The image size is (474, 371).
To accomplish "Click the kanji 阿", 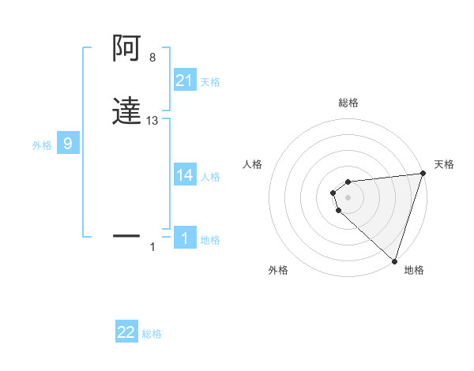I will pyautogui.click(x=126, y=50).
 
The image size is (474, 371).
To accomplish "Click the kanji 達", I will pyautogui.click(x=126, y=111).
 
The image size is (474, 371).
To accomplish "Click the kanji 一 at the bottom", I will pyautogui.click(x=126, y=235).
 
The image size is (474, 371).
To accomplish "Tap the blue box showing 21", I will pyautogui.click(x=185, y=81).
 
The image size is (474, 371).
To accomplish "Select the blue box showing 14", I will pyautogui.click(x=185, y=175).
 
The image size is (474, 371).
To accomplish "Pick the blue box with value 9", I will pyautogui.click(x=68, y=144).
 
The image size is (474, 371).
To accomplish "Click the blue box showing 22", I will pyautogui.click(x=126, y=332).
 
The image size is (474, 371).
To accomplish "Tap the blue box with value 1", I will pyautogui.click(x=185, y=238).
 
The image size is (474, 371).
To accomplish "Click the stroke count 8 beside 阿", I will pyautogui.click(x=152, y=58).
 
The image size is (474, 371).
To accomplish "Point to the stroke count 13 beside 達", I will pyautogui.click(x=152, y=121).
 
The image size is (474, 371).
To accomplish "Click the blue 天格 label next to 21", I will pyautogui.click(x=210, y=82).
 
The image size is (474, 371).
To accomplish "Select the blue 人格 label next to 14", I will pyautogui.click(x=210, y=177).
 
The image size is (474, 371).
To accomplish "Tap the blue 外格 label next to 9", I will pyautogui.click(x=42, y=145).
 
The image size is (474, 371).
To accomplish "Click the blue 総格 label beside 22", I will pyautogui.click(x=152, y=334).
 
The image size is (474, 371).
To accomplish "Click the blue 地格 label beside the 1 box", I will pyautogui.click(x=210, y=240).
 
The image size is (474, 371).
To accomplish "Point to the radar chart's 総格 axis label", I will pyautogui.click(x=348, y=103).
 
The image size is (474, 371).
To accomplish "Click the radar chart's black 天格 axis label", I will pyautogui.click(x=444, y=164).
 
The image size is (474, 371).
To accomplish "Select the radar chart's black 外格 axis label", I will pyautogui.click(x=278, y=270).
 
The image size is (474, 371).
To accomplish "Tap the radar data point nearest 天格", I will pyautogui.click(x=423, y=174).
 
